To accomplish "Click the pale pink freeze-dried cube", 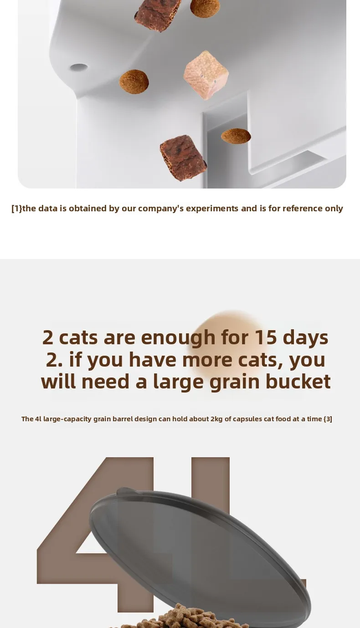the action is point(206,75).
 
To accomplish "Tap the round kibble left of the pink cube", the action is point(134,82).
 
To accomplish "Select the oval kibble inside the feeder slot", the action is point(236,136).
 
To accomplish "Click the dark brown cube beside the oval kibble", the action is point(183,158).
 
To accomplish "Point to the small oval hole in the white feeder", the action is point(78,67).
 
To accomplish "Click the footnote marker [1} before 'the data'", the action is point(16,208).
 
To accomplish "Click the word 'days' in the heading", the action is point(305,338).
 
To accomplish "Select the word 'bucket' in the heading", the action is point(298,381).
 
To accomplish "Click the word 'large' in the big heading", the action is point(178,382).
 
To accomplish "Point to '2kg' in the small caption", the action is point(216,419).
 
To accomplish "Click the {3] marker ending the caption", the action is point(328,419).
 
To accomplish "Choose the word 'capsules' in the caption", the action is point(247,419).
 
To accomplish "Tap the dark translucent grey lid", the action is point(200,550).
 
